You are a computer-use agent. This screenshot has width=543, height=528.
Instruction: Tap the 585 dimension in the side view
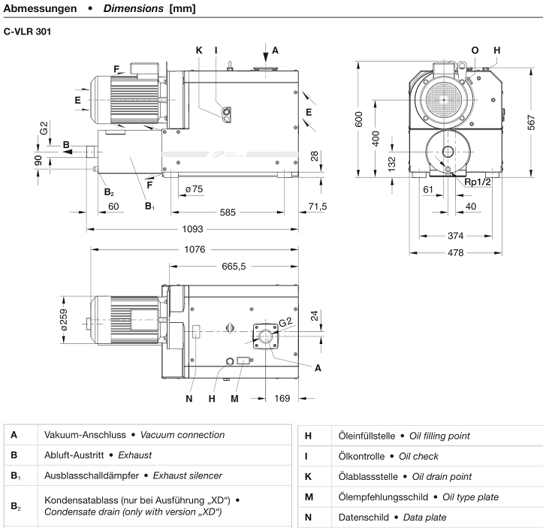pos(228,213)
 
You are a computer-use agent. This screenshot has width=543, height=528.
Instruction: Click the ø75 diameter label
pos(193,189)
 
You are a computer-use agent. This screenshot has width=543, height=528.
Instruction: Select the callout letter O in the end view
pos(474,50)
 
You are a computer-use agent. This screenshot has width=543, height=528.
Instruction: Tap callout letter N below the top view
pos(189,398)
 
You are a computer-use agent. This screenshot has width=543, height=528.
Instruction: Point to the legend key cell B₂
pos(15,507)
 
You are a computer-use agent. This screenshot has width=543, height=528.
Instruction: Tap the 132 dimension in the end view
pos(391,164)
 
